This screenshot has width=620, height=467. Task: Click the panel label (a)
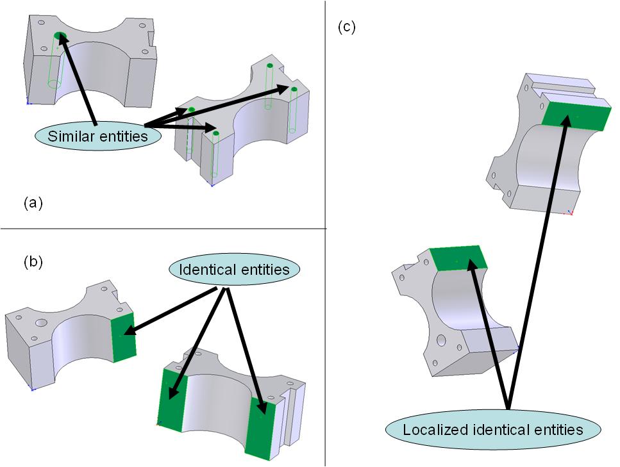[33, 204]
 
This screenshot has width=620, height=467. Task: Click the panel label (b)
[33, 261]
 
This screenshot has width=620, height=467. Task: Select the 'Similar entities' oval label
[96, 136]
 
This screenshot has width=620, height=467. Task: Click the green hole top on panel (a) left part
[60, 36]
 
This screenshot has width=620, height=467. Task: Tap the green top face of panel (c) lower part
[458, 258]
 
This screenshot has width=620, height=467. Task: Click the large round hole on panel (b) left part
[42, 324]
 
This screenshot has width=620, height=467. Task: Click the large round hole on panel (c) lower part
[442, 340]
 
